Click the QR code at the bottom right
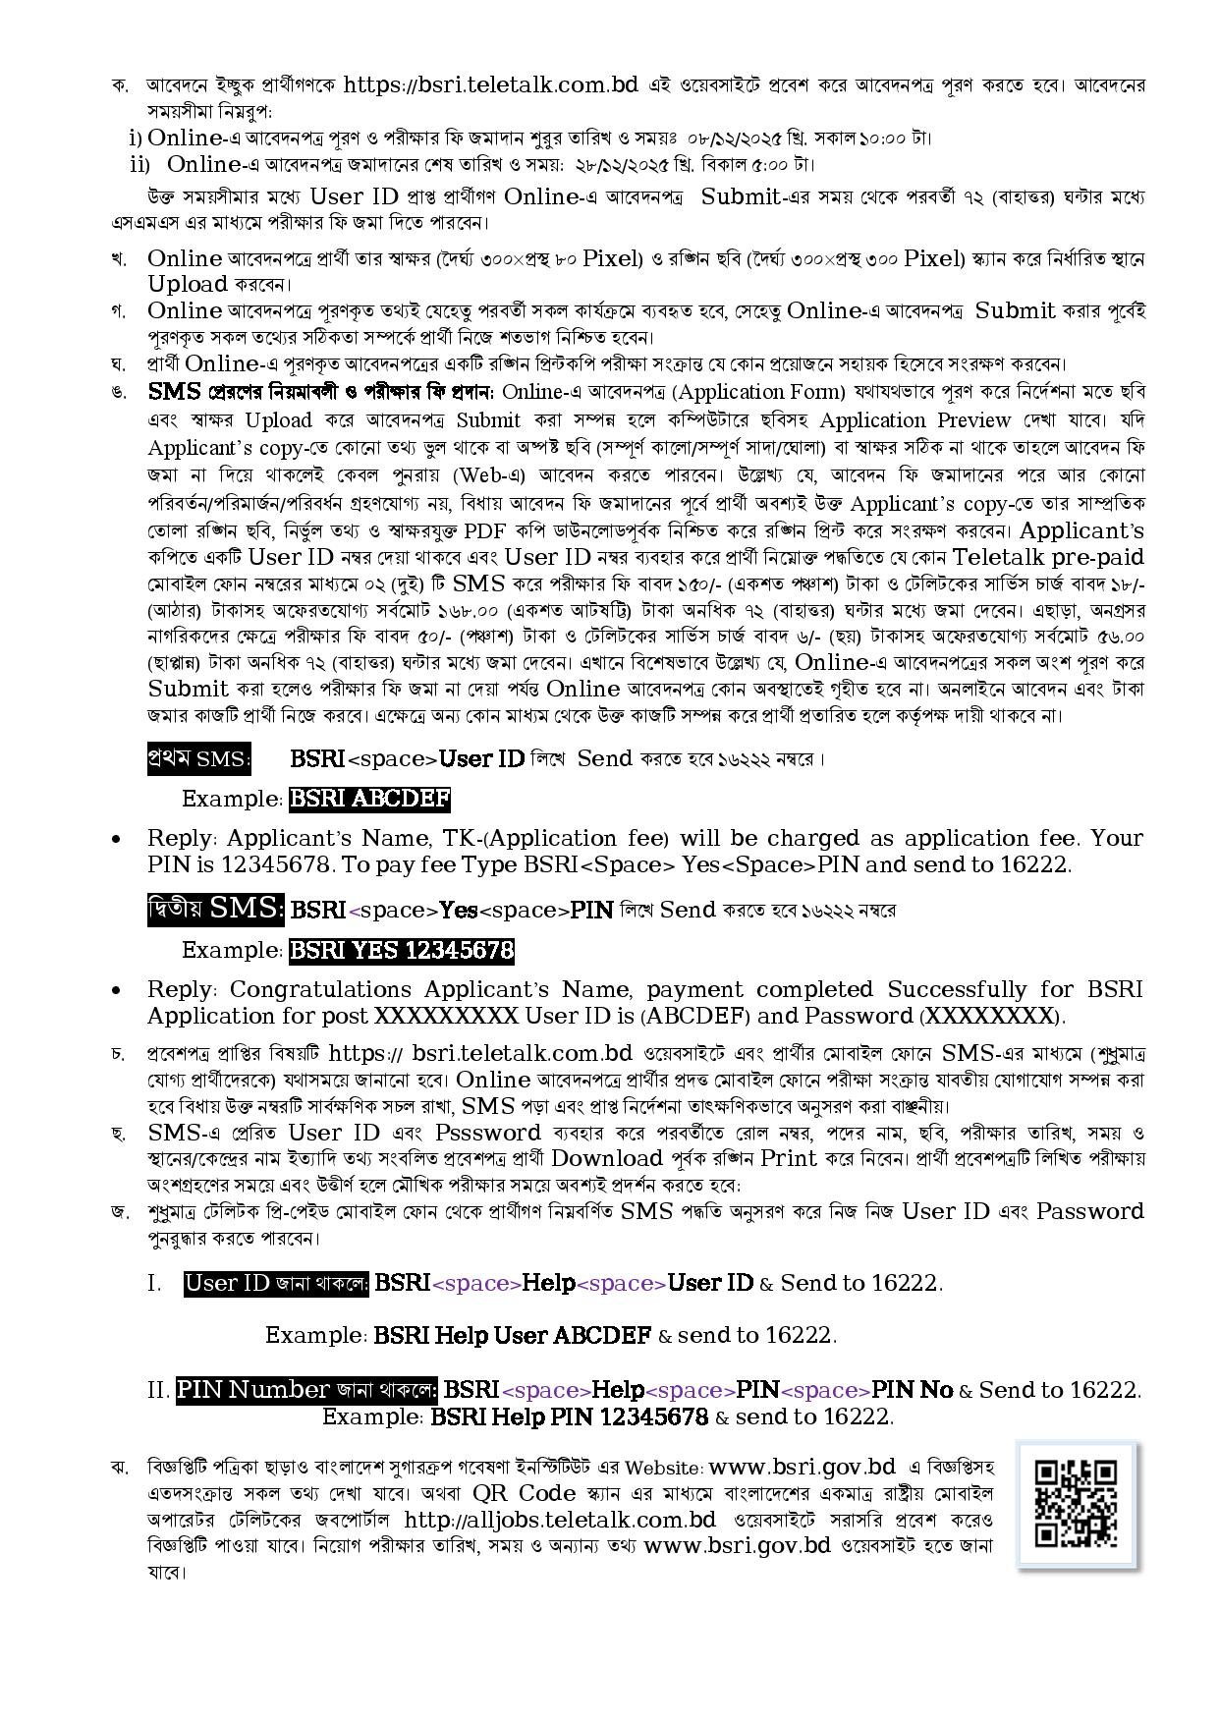1077,1504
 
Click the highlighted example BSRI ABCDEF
369,799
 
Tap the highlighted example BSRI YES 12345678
401,950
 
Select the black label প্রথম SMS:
198,759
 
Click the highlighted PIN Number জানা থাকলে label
306,1390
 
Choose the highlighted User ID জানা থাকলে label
276,1283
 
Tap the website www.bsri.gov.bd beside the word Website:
802,1467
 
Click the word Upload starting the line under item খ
188,285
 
